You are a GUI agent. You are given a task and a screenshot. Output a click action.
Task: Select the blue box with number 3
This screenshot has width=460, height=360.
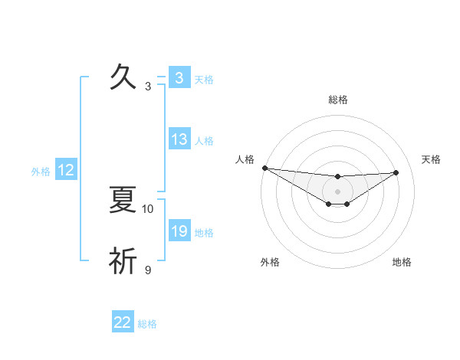(x=179, y=78)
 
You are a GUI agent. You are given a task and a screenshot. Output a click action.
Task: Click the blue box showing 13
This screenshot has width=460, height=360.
(x=179, y=139)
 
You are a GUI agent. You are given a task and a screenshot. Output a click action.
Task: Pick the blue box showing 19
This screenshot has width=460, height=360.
(x=179, y=231)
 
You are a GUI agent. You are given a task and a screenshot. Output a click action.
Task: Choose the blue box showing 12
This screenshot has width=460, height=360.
(x=66, y=171)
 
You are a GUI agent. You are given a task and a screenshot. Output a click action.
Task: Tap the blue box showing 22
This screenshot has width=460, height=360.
(x=123, y=322)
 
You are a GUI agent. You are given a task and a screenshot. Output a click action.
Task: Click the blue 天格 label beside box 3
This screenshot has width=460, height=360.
(x=204, y=80)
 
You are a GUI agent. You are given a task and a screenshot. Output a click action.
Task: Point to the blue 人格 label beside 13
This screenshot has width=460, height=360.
(x=204, y=141)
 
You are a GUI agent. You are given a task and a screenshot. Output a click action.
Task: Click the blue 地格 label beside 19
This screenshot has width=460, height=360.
(x=204, y=233)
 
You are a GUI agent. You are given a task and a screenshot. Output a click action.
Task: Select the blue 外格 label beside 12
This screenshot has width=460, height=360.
(x=41, y=172)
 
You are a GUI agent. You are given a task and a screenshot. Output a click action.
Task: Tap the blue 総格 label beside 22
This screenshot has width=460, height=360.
(x=147, y=324)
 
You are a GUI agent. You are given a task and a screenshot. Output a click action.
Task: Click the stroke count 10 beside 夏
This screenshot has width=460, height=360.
(x=148, y=208)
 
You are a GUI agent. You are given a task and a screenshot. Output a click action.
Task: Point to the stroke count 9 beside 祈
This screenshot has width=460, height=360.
(x=148, y=270)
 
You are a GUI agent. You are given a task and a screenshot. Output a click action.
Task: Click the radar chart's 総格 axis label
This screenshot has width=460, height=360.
(x=338, y=100)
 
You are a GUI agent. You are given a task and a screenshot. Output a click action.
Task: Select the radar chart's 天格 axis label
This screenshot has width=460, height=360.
(x=432, y=159)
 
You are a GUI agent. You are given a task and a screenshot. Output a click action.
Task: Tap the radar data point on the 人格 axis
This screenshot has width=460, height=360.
(x=264, y=168)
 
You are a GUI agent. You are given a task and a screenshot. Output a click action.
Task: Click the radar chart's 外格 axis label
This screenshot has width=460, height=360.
(x=270, y=262)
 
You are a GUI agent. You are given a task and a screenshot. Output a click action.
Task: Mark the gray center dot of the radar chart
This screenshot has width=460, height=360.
(x=338, y=191)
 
